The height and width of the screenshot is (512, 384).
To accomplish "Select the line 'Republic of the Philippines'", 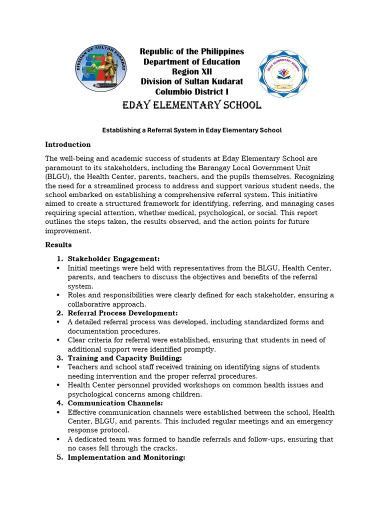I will point(192,51).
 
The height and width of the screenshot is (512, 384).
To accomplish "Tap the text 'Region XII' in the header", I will point(192,71).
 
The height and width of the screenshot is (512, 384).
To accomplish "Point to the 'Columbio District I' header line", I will point(192,91).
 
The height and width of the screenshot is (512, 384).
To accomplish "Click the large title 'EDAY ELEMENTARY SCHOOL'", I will point(192,105).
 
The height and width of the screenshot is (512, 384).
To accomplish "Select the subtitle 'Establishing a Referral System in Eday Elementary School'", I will point(192,130).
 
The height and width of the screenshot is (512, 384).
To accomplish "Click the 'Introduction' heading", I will point(68,144).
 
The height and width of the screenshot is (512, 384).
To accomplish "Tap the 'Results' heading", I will point(58,245).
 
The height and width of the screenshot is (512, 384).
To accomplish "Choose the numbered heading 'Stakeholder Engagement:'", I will point(113,258).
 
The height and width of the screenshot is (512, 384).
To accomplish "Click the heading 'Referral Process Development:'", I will point(122,313).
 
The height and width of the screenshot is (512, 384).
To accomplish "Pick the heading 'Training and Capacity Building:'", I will point(125,358).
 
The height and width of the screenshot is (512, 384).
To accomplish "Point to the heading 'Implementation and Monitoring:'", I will point(126,457).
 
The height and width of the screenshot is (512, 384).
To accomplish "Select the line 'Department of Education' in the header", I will point(192,61).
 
